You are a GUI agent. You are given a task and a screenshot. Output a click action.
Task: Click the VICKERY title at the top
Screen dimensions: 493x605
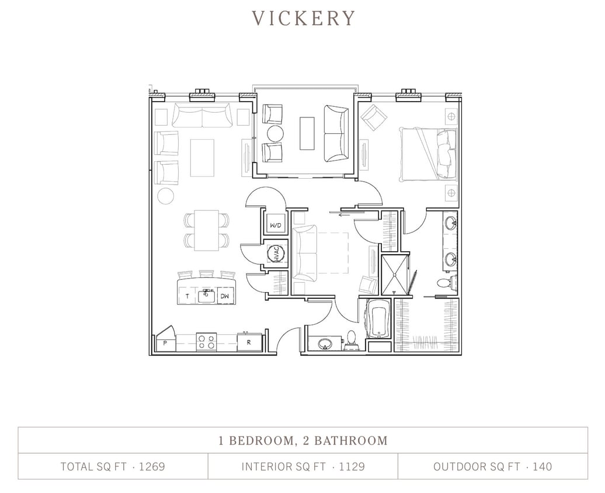303,18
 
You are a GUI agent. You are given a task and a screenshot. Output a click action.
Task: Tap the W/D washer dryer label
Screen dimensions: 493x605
275,224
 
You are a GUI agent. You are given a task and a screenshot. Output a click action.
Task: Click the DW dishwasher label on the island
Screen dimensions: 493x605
224,297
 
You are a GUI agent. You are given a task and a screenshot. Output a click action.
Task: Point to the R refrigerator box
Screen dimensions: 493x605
248,342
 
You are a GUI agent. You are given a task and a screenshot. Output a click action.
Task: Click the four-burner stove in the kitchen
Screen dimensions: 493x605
206,342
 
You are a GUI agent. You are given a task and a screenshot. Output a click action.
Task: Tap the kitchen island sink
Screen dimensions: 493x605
206,296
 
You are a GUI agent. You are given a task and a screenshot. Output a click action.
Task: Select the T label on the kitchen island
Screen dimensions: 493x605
187,297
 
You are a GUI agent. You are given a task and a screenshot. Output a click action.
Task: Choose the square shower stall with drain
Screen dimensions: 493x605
395,274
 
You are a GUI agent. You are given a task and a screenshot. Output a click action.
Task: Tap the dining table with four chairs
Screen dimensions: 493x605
206,230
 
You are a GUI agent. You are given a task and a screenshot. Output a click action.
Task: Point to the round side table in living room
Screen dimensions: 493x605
166,196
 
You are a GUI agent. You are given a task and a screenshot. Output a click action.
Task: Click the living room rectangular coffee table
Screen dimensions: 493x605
202,158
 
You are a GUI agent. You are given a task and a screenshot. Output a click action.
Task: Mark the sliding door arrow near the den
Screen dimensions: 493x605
343,214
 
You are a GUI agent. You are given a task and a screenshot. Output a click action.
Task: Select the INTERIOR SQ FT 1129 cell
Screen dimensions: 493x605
302,467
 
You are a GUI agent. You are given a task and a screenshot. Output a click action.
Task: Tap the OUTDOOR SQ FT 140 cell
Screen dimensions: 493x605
492,467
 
